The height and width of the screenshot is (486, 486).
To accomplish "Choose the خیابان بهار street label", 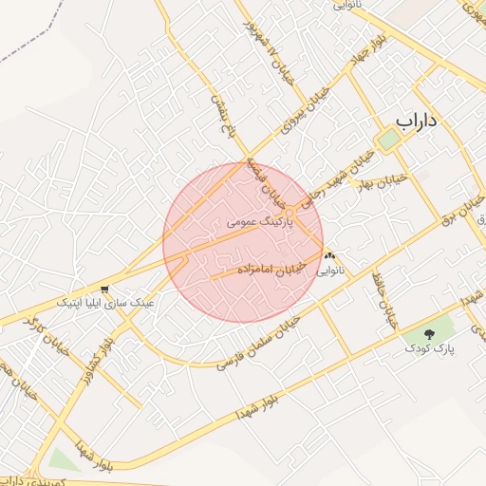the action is tap(381, 180).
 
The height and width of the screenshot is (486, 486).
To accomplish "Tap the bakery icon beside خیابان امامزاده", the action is tap(330, 255).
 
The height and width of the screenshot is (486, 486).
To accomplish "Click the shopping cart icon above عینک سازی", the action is tap(103, 289).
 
